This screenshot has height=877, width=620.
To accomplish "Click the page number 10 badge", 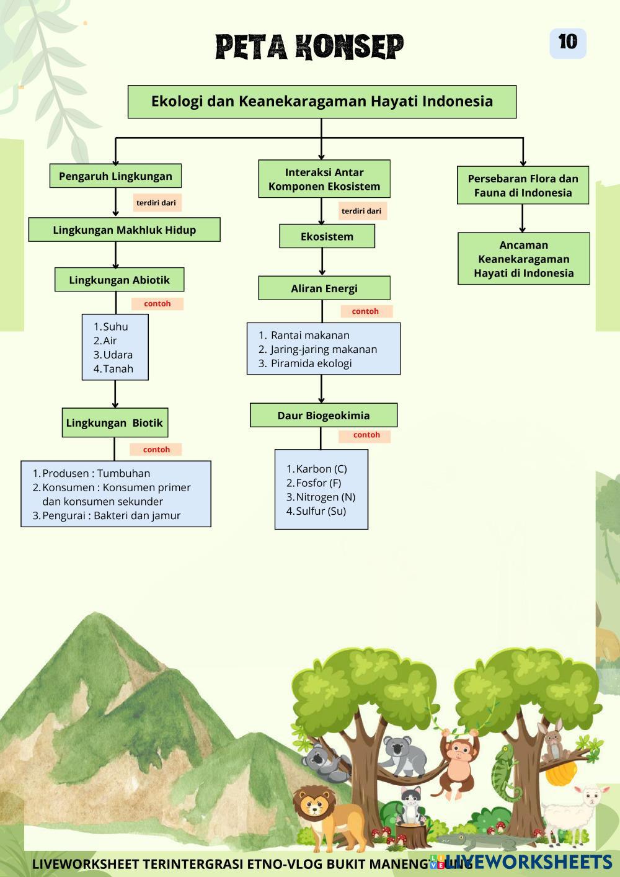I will click(x=567, y=42).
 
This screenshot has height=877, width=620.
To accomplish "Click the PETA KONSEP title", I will click(x=309, y=47).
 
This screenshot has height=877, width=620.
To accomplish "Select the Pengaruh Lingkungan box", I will click(x=115, y=176).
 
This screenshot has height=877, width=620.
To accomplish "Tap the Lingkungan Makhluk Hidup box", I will click(x=124, y=230).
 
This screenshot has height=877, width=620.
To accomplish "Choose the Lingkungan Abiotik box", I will click(x=119, y=280).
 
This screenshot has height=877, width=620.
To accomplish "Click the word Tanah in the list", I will click(x=118, y=369).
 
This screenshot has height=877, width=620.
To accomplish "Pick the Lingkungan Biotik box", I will click(x=114, y=423).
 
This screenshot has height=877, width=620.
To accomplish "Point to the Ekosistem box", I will click(x=327, y=236).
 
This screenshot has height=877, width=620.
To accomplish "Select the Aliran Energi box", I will click(x=324, y=288).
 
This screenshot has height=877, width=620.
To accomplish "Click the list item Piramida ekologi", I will click(x=311, y=363).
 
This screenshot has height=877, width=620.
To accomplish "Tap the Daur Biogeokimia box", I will click(x=323, y=416).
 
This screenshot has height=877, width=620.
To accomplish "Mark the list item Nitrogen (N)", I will click(x=325, y=497).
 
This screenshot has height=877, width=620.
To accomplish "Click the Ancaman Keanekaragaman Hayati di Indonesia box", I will click(x=523, y=259).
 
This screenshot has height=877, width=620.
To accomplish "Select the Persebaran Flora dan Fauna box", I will click(x=523, y=185).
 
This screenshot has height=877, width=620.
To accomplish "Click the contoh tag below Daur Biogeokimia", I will click(x=366, y=435).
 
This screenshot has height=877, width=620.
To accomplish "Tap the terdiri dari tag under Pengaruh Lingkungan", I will click(x=156, y=203).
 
